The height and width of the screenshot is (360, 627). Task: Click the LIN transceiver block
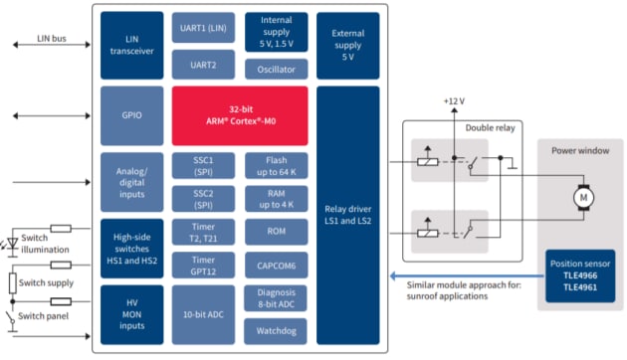coord(126,43)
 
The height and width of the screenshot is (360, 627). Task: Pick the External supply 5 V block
coord(347,43)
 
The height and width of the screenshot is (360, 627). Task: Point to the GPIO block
coord(126,114)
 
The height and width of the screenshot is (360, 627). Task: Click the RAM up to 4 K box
coord(275,198)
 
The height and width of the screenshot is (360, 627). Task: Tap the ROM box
coord(275,231)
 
